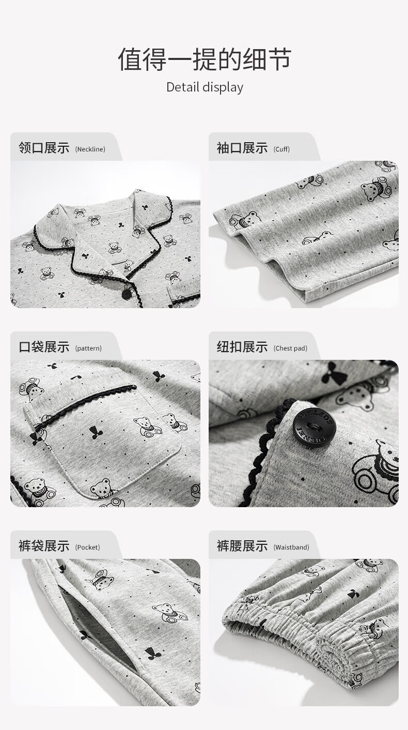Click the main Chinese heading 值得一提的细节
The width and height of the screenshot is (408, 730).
(x=204, y=59)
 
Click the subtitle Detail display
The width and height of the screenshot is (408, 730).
(x=205, y=87)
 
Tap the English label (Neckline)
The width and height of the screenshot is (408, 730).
(x=90, y=149)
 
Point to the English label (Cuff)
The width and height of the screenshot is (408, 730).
(x=281, y=149)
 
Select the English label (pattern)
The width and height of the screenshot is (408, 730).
(x=88, y=348)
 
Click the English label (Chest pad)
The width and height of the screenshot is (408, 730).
(x=290, y=348)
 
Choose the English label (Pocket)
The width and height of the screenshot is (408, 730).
(x=88, y=547)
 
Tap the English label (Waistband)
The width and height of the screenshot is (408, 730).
(x=291, y=547)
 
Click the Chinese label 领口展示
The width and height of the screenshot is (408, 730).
(x=44, y=148)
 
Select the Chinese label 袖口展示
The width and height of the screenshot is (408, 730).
(x=242, y=148)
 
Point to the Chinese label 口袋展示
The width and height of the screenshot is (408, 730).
(x=44, y=347)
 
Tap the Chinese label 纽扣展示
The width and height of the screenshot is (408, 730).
(x=242, y=347)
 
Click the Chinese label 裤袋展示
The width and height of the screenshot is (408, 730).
(x=44, y=545)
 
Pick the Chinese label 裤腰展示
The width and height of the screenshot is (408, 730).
(x=242, y=545)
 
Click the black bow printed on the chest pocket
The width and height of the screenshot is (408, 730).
(x=96, y=433)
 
